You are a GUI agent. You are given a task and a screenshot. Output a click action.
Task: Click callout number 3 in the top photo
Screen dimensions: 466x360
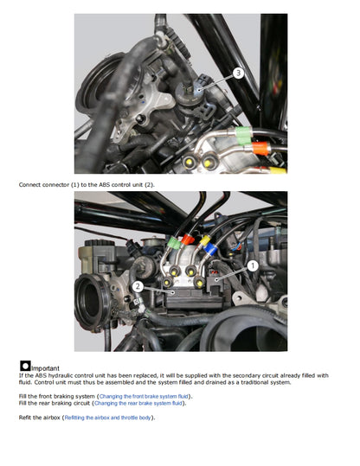[238, 74]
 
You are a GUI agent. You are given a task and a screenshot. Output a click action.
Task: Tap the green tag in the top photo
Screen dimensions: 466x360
[244, 133]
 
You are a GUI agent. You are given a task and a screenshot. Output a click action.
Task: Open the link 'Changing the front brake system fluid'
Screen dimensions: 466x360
[151, 395]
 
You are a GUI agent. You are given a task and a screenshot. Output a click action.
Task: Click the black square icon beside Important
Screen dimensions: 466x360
[25, 367]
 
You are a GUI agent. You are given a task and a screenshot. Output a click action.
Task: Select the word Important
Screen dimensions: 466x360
[47, 367]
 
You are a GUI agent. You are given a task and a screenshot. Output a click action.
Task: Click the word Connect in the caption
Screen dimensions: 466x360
[29, 185]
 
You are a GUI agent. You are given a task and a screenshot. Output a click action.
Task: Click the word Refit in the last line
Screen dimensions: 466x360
[26, 418]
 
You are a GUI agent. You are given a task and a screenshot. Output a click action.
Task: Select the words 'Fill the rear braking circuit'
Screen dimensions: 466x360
[53, 403]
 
